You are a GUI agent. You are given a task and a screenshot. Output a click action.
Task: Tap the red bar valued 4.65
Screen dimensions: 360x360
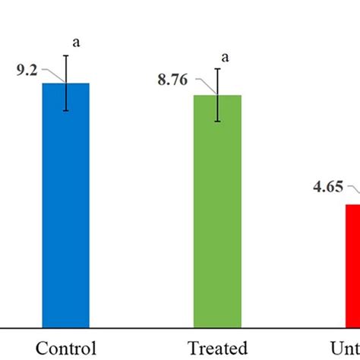point(352,266)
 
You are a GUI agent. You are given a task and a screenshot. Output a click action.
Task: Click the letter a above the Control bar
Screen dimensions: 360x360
point(76,43)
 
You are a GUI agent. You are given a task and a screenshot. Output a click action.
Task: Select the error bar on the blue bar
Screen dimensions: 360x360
point(66,84)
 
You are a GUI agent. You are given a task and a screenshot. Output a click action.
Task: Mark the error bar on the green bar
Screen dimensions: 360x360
point(218,95)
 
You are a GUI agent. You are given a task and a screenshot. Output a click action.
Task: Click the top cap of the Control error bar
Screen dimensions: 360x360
point(66,55)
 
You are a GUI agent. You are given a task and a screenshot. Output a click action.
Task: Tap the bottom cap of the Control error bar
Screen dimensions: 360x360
point(66,111)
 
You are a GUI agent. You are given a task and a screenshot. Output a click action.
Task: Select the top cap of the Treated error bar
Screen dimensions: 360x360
point(218,69)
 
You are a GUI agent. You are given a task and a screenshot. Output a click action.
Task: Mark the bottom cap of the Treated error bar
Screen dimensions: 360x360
point(218,122)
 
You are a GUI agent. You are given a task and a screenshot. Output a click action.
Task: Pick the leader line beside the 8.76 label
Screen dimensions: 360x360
point(205,84)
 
